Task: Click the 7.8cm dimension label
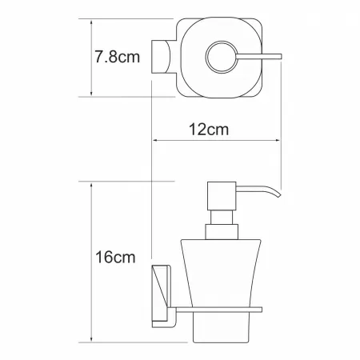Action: click(118, 57)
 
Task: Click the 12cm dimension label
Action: click(209, 130)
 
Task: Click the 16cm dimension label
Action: click(115, 258)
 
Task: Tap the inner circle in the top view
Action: click(222, 57)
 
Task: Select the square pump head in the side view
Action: click(222, 196)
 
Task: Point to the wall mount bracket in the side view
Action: click(161, 296)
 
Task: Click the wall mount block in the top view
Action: click(161, 57)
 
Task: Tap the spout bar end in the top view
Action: click(281, 57)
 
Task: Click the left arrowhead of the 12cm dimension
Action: click(154, 140)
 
